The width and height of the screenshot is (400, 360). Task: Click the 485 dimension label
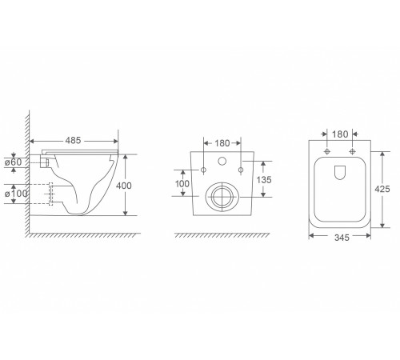coord(73,141)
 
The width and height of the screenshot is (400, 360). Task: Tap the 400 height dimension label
coord(124,186)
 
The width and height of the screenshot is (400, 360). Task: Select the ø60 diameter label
coord(14,162)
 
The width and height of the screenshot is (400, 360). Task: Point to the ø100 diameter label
coord(16,194)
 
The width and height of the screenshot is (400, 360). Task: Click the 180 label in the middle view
coord(222,143)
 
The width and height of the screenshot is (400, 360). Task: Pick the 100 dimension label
coord(182,184)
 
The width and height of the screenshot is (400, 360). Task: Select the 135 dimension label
coord(264,180)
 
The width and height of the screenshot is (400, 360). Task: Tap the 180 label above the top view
coord(340,134)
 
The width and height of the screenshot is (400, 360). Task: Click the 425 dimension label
coord(382,189)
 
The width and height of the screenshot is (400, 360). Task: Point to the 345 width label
coord(342,238)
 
